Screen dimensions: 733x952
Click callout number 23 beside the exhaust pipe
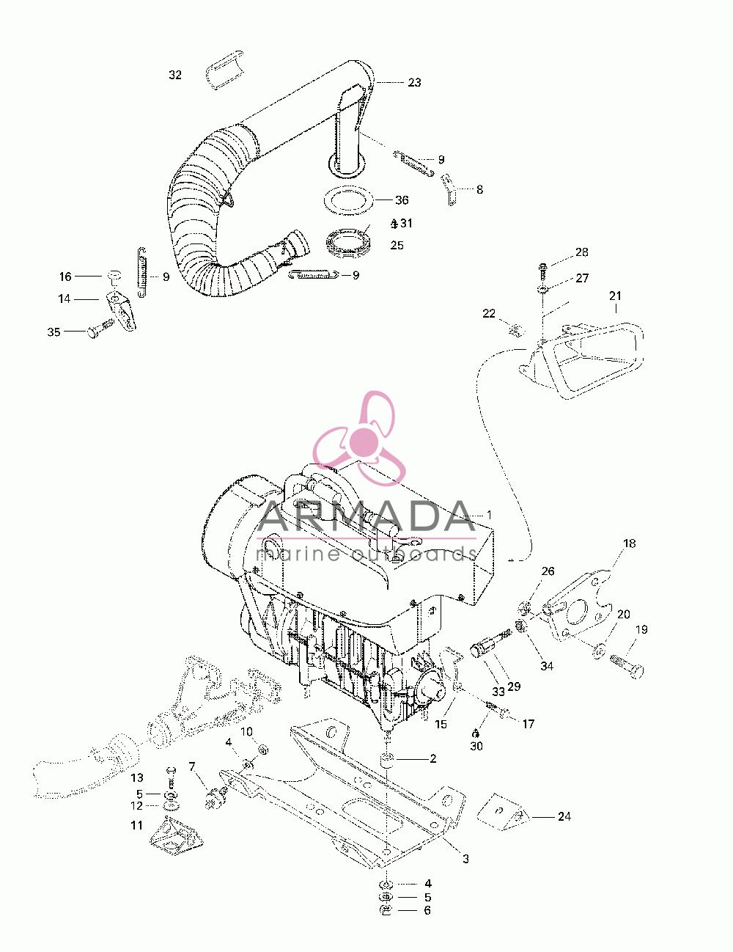414,82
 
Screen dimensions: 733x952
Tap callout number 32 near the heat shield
175,75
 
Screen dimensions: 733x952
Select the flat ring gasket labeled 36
348,200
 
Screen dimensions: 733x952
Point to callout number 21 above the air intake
615,296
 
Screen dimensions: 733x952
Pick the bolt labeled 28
543,271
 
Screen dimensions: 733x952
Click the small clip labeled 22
516,330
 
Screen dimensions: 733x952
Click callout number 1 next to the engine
489,515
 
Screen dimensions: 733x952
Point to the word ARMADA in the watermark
366,517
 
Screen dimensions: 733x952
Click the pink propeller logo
359,438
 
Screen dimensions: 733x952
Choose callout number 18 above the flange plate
629,543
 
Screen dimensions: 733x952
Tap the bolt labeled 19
627,670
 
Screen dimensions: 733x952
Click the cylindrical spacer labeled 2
386,760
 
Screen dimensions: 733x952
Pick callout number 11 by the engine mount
136,825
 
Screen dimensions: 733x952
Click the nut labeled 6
386,910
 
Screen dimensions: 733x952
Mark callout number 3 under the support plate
465,859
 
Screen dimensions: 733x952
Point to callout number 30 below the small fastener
476,746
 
